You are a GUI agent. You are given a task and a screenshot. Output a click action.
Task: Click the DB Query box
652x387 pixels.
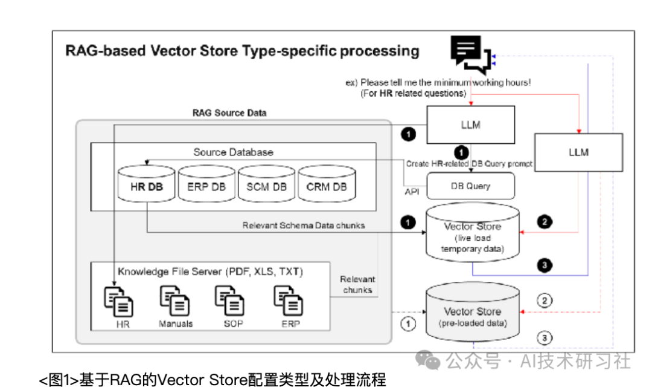[x=471, y=186]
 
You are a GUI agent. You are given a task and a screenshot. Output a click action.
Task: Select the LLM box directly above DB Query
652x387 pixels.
[x=471, y=125]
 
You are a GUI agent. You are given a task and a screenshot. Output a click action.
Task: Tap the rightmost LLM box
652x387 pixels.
[x=578, y=152]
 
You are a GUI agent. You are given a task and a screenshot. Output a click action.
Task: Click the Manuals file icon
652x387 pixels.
[x=175, y=301]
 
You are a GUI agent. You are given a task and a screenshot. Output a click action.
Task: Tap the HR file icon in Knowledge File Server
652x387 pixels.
[x=119, y=301]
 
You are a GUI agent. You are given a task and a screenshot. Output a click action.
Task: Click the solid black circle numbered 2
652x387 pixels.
[x=545, y=222]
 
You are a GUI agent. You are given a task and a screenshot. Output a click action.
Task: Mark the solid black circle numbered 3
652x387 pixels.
[x=545, y=265]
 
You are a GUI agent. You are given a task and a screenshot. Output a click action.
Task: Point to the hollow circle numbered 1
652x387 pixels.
[x=409, y=324]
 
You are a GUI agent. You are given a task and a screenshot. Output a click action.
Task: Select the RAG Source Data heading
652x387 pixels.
[x=229, y=112]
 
